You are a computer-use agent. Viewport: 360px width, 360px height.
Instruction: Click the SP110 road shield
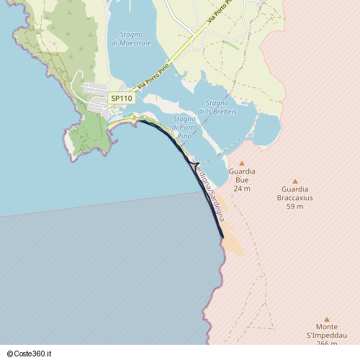point(122,98)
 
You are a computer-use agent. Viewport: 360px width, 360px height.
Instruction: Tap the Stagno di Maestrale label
point(131,39)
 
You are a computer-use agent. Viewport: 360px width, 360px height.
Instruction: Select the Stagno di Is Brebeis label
point(217,107)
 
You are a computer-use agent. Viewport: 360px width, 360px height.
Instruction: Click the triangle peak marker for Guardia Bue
point(242,163)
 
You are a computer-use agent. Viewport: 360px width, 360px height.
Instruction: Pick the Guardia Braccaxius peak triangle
point(294,181)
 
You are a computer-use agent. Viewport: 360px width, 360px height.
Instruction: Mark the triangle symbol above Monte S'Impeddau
point(326,320)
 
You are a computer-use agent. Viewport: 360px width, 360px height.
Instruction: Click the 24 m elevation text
point(242,189)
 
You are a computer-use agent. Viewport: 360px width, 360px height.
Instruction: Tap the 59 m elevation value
point(294,207)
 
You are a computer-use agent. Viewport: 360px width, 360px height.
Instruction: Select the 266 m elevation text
point(326,343)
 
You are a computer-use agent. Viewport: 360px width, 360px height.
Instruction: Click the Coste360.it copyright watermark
point(34,354)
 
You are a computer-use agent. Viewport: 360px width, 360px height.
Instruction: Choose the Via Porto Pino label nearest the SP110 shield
point(154,75)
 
